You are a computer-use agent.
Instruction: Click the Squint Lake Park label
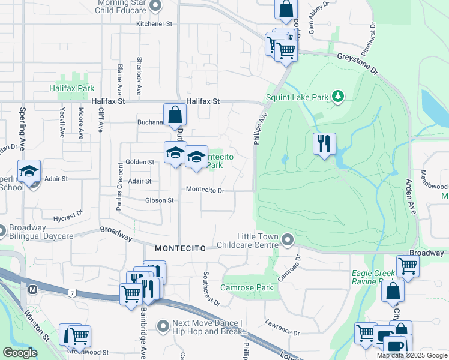(x=298, y=97)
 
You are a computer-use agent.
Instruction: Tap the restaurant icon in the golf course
(x=324, y=144)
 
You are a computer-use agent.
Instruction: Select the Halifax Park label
(x=72, y=88)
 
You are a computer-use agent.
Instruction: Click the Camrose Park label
(x=247, y=287)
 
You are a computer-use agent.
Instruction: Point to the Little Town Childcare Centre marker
(x=288, y=241)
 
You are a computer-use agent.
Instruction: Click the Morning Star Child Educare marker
(x=156, y=7)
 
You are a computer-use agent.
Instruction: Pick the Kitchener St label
(x=154, y=24)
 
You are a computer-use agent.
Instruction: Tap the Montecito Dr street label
(x=205, y=190)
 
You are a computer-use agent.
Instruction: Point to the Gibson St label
(x=158, y=200)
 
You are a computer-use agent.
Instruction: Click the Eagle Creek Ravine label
(x=373, y=277)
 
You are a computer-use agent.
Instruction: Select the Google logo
(x=20, y=353)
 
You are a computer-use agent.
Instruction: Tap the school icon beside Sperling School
(x=29, y=172)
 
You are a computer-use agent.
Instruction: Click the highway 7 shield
(x=71, y=292)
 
